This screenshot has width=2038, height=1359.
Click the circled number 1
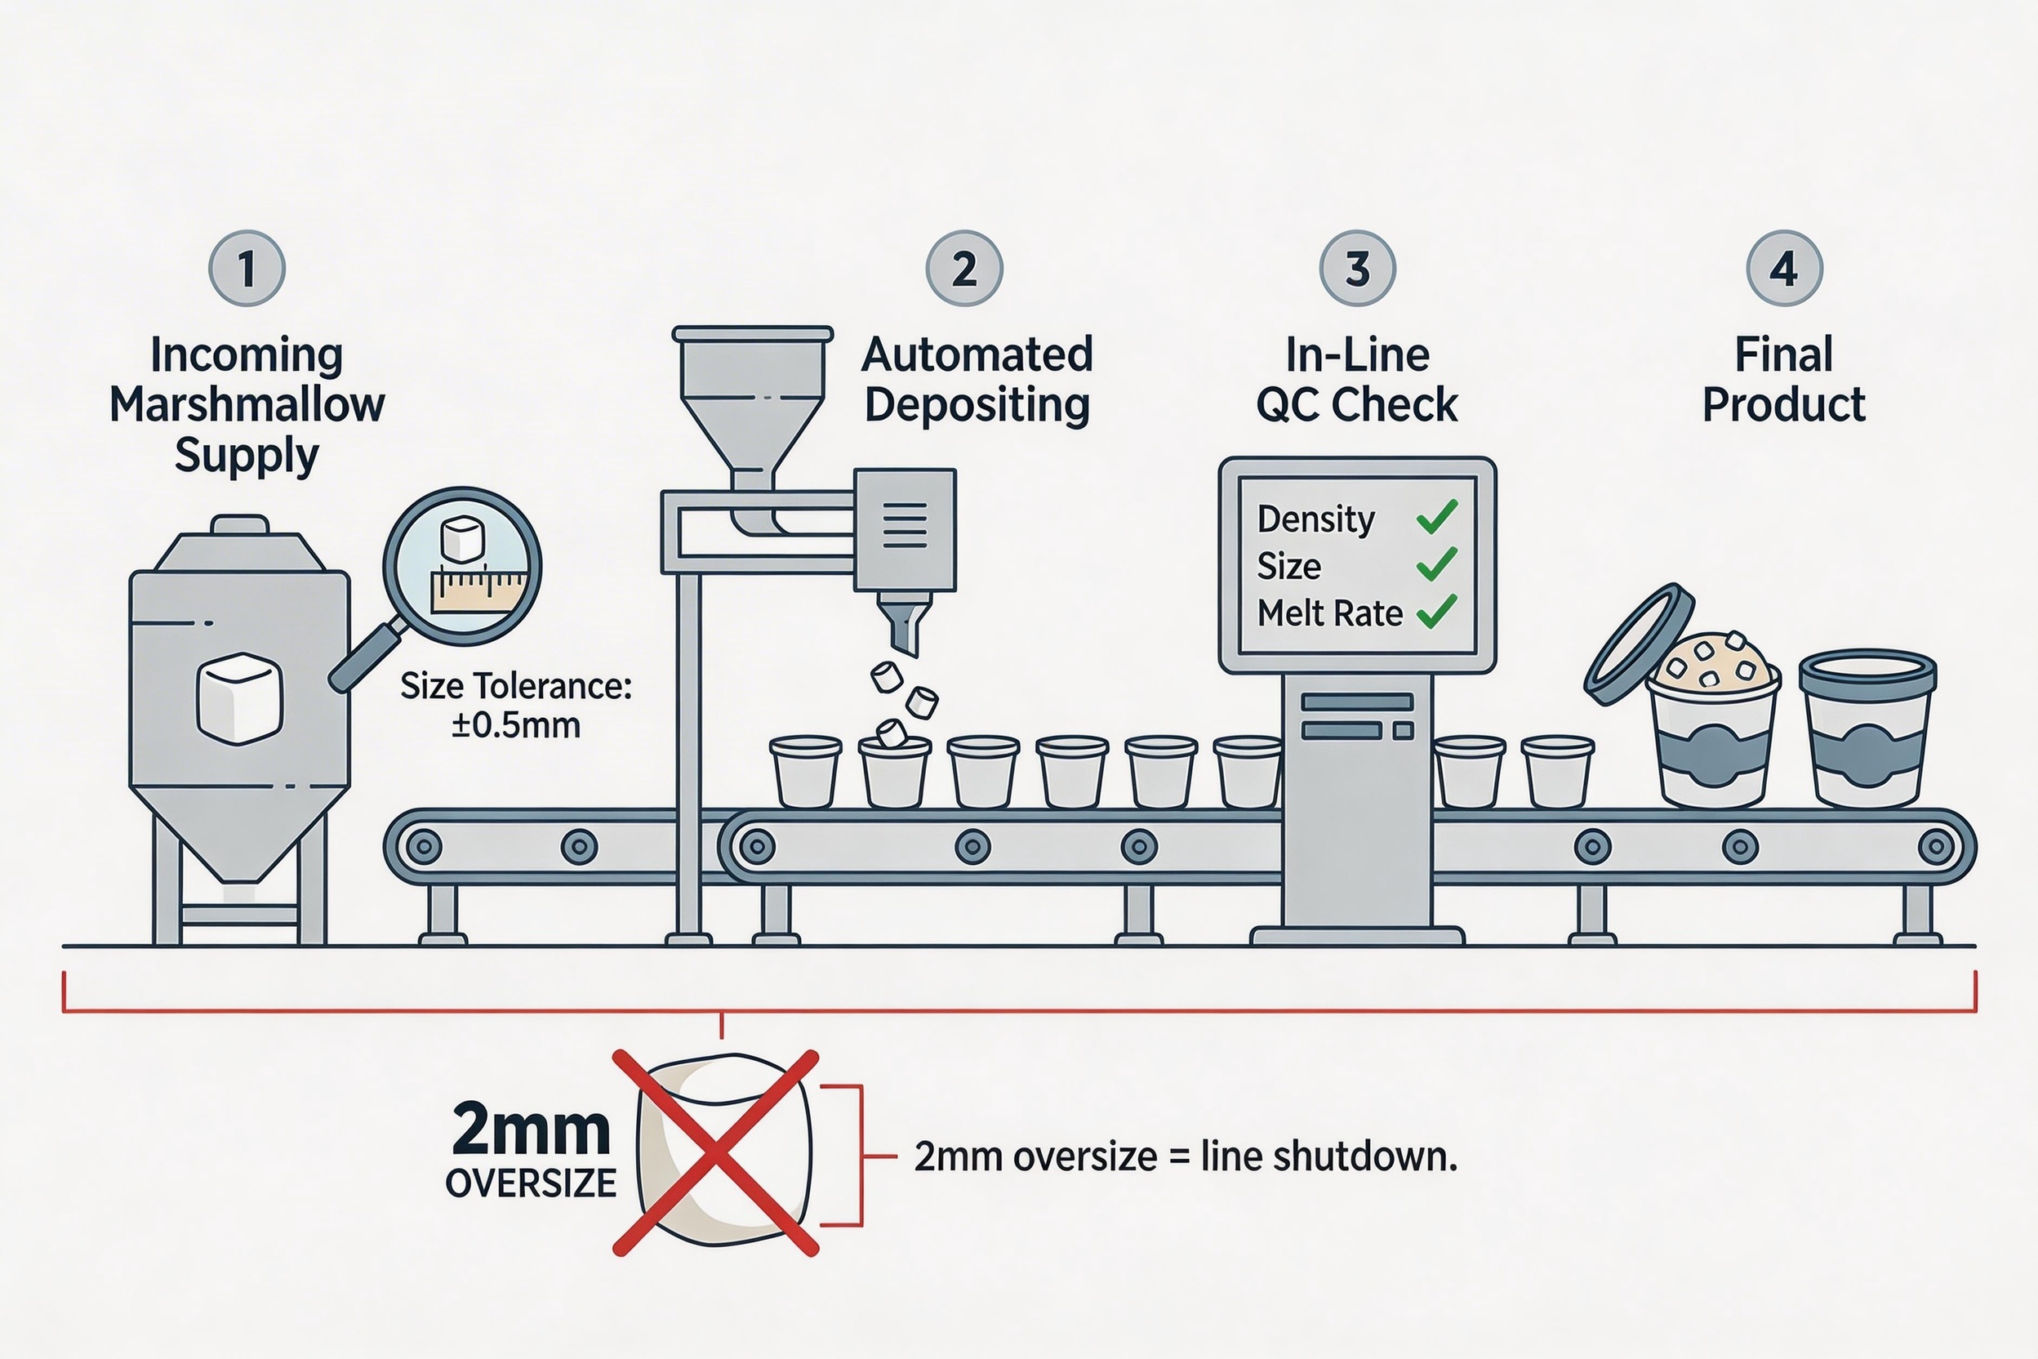[x=247, y=268]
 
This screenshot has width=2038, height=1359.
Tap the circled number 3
[x=1357, y=268]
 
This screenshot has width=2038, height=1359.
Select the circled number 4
[x=1784, y=268]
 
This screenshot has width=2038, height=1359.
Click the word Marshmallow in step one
[x=247, y=405]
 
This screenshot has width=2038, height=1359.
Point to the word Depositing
[x=977, y=405]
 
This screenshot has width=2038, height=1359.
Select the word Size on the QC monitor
[x=1288, y=566]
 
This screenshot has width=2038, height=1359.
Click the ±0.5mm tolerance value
[x=515, y=724]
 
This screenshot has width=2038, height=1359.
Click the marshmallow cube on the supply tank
[x=240, y=698]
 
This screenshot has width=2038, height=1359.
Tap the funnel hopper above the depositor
[x=752, y=390]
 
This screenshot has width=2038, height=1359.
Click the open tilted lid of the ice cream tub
[x=1638, y=643]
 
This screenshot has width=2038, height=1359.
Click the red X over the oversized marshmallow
[x=716, y=1152]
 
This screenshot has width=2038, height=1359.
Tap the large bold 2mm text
[x=530, y=1130]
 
